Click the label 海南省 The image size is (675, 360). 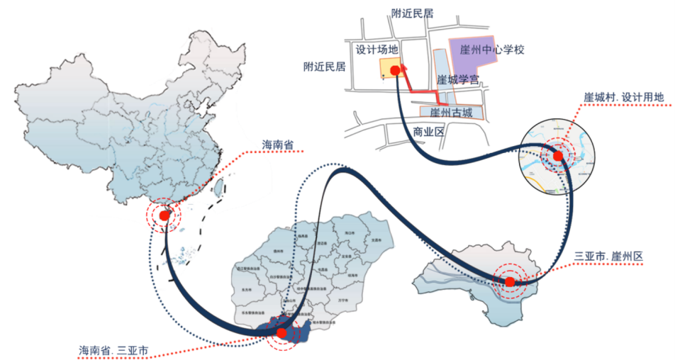tap(278, 145)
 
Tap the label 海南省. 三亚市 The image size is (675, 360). tap(113, 349)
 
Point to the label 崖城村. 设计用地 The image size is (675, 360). tap(625, 96)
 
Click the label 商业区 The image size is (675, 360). tap(428, 132)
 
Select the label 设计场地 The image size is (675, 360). tap(377, 50)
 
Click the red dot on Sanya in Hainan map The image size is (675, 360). tap(282, 333)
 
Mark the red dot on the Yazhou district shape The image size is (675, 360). tap(509, 282)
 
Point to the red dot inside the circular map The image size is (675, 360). tap(557, 156)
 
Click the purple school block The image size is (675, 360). tap(475, 53)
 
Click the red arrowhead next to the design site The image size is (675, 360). tap(405, 67)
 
